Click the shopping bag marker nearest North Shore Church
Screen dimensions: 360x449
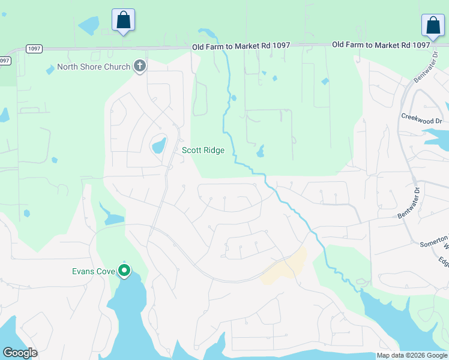(123, 20)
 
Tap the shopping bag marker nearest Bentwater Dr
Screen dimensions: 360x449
(433, 25)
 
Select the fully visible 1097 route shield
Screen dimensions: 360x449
(34, 49)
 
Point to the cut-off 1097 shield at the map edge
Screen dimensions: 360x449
(4, 61)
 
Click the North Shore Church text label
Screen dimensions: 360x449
(94, 67)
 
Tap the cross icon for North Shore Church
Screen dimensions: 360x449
(140, 65)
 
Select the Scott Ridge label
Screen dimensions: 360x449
(203, 150)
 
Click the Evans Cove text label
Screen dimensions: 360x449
(94, 271)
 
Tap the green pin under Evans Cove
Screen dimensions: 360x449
(125, 271)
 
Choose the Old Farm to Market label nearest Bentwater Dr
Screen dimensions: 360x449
(381, 44)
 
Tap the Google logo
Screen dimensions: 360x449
(20, 353)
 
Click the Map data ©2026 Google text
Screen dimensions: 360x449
(411, 355)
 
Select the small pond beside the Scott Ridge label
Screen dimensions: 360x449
(159, 145)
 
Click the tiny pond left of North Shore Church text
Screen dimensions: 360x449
(50, 70)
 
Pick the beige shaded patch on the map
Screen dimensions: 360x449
(286, 268)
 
